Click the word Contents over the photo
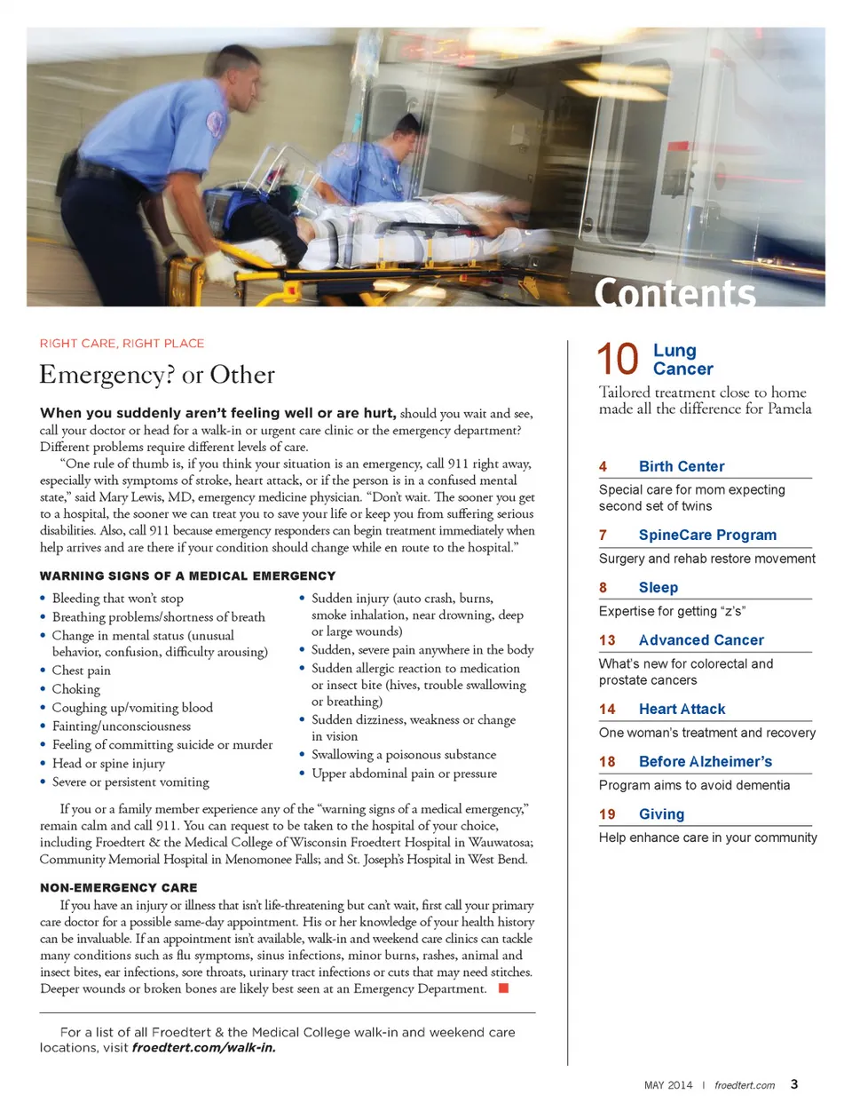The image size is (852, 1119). click(x=674, y=292)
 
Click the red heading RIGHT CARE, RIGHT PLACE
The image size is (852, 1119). click(x=122, y=344)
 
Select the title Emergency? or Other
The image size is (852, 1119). click(x=157, y=375)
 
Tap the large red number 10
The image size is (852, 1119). click(x=618, y=360)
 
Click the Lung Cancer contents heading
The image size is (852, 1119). click(x=682, y=360)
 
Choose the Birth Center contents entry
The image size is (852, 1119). click(x=681, y=466)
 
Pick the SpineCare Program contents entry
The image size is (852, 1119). click(x=707, y=535)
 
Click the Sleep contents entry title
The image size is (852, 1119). click(x=658, y=587)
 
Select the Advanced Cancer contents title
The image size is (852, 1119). click(x=700, y=639)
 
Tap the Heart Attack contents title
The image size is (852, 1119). click(x=682, y=709)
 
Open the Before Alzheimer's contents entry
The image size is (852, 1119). click(x=705, y=761)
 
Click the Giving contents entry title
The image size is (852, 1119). click(x=661, y=813)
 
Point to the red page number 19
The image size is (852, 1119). click(x=607, y=814)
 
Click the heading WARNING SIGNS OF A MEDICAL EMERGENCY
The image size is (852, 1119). click(x=188, y=576)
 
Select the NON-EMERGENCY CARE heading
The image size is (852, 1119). click(x=119, y=887)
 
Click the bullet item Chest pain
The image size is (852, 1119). click(x=82, y=671)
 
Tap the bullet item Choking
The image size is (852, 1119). click(x=76, y=689)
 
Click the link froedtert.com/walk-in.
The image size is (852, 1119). click(x=203, y=1048)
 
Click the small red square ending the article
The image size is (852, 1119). click(x=503, y=988)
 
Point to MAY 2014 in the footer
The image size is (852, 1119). click(x=668, y=1085)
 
